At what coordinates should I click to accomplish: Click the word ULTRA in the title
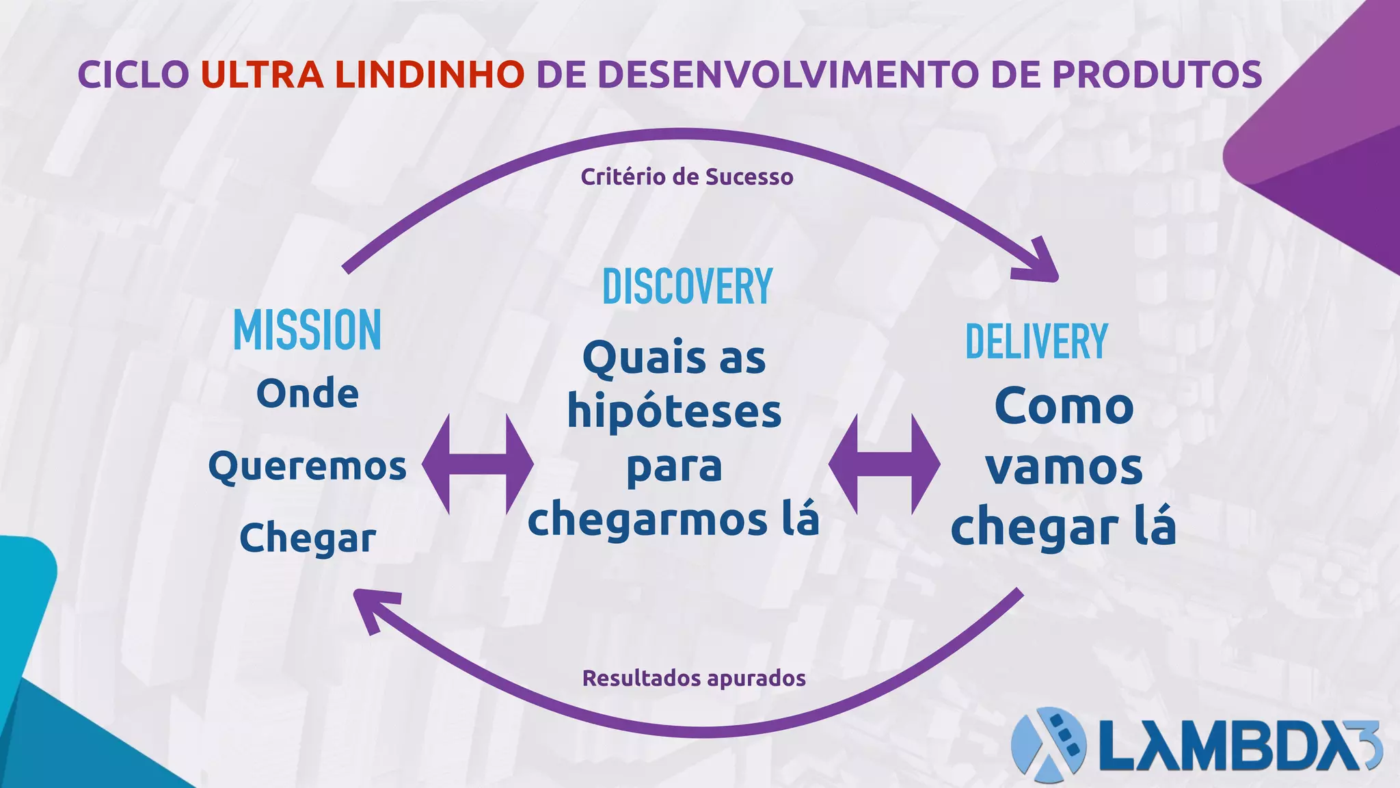(262, 75)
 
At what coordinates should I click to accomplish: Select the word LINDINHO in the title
(429, 75)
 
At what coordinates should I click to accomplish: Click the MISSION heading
(307, 330)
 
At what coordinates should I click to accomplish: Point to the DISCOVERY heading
(687, 287)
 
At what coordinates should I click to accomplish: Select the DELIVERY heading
(1036, 341)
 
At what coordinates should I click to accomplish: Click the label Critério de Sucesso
(687, 177)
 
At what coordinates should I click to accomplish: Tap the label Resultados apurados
(694, 678)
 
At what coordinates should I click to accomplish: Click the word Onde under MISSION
(307, 394)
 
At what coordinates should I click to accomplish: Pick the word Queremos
(307, 467)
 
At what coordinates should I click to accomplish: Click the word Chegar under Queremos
(307, 538)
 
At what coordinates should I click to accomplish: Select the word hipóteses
(674, 412)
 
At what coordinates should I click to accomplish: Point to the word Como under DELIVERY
(1064, 407)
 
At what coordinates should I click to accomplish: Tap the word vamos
(1064, 468)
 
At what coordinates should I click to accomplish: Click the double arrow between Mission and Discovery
(477, 464)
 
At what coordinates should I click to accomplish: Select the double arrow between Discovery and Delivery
(884, 464)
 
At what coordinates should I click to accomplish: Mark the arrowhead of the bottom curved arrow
(373, 609)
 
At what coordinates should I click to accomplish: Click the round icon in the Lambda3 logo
(1048, 745)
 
